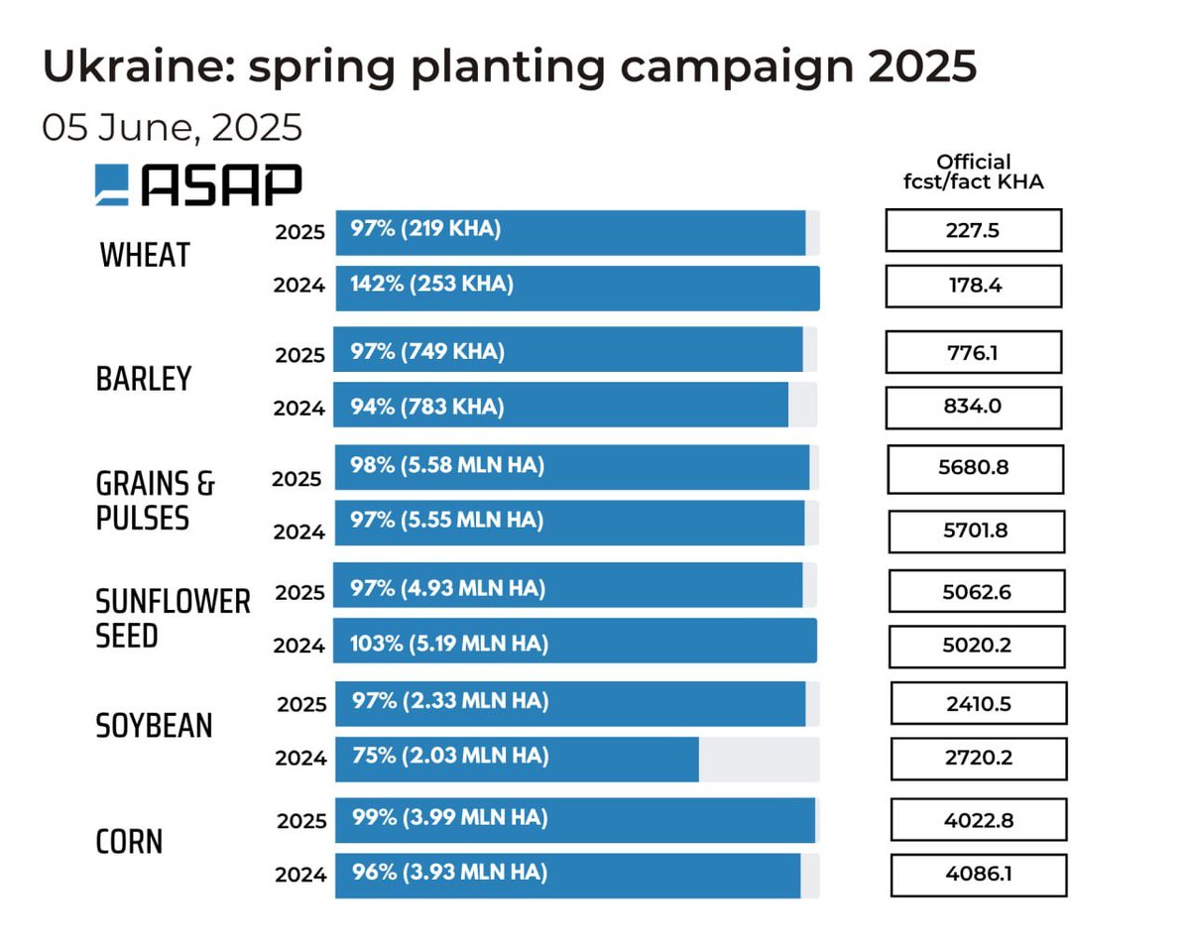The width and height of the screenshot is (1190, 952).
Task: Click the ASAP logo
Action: (198, 185)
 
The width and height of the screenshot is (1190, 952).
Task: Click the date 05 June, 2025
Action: (172, 128)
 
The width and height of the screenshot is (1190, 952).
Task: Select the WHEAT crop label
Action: (145, 255)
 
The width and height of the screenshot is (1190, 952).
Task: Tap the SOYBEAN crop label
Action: (154, 726)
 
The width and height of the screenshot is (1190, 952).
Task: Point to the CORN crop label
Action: (129, 842)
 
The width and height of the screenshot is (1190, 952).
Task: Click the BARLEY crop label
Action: (144, 378)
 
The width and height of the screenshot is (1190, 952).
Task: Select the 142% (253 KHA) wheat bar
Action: (576, 288)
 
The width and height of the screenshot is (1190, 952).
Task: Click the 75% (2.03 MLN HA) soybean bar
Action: (517, 759)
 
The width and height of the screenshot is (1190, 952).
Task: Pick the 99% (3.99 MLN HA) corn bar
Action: (575, 820)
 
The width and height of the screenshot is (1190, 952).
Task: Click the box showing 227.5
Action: (973, 230)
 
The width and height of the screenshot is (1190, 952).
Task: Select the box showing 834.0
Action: (973, 408)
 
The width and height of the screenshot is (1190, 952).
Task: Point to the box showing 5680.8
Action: (975, 469)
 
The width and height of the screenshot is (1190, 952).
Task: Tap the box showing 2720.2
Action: (979, 760)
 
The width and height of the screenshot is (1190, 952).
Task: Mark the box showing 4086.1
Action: (979, 876)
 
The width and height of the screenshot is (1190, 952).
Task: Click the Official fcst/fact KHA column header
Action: (973, 172)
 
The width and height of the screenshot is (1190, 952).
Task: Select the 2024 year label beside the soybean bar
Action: (300, 759)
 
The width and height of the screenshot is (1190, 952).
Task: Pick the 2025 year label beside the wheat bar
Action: (299, 232)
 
